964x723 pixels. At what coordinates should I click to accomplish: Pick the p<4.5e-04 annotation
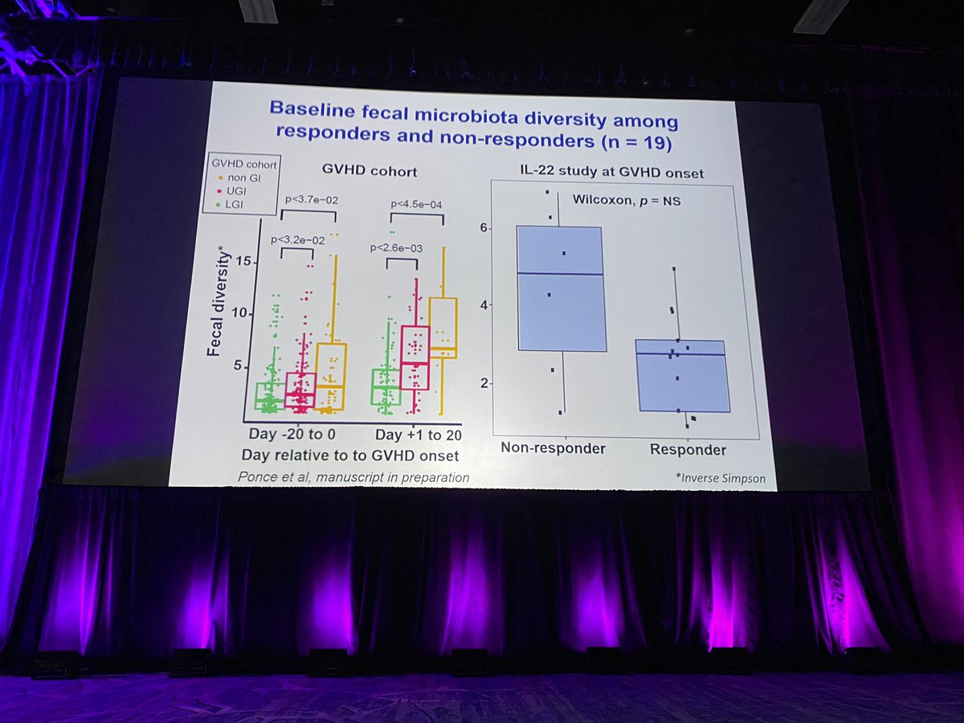tap(415, 205)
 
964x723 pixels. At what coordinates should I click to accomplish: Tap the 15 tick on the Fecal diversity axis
tap(243, 261)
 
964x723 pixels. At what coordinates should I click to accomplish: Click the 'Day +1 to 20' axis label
tap(417, 435)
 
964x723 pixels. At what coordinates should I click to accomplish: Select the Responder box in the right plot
tap(681, 375)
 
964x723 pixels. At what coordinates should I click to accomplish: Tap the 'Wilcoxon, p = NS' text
tap(626, 201)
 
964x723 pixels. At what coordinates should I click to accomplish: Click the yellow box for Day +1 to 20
tap(443, 328)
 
